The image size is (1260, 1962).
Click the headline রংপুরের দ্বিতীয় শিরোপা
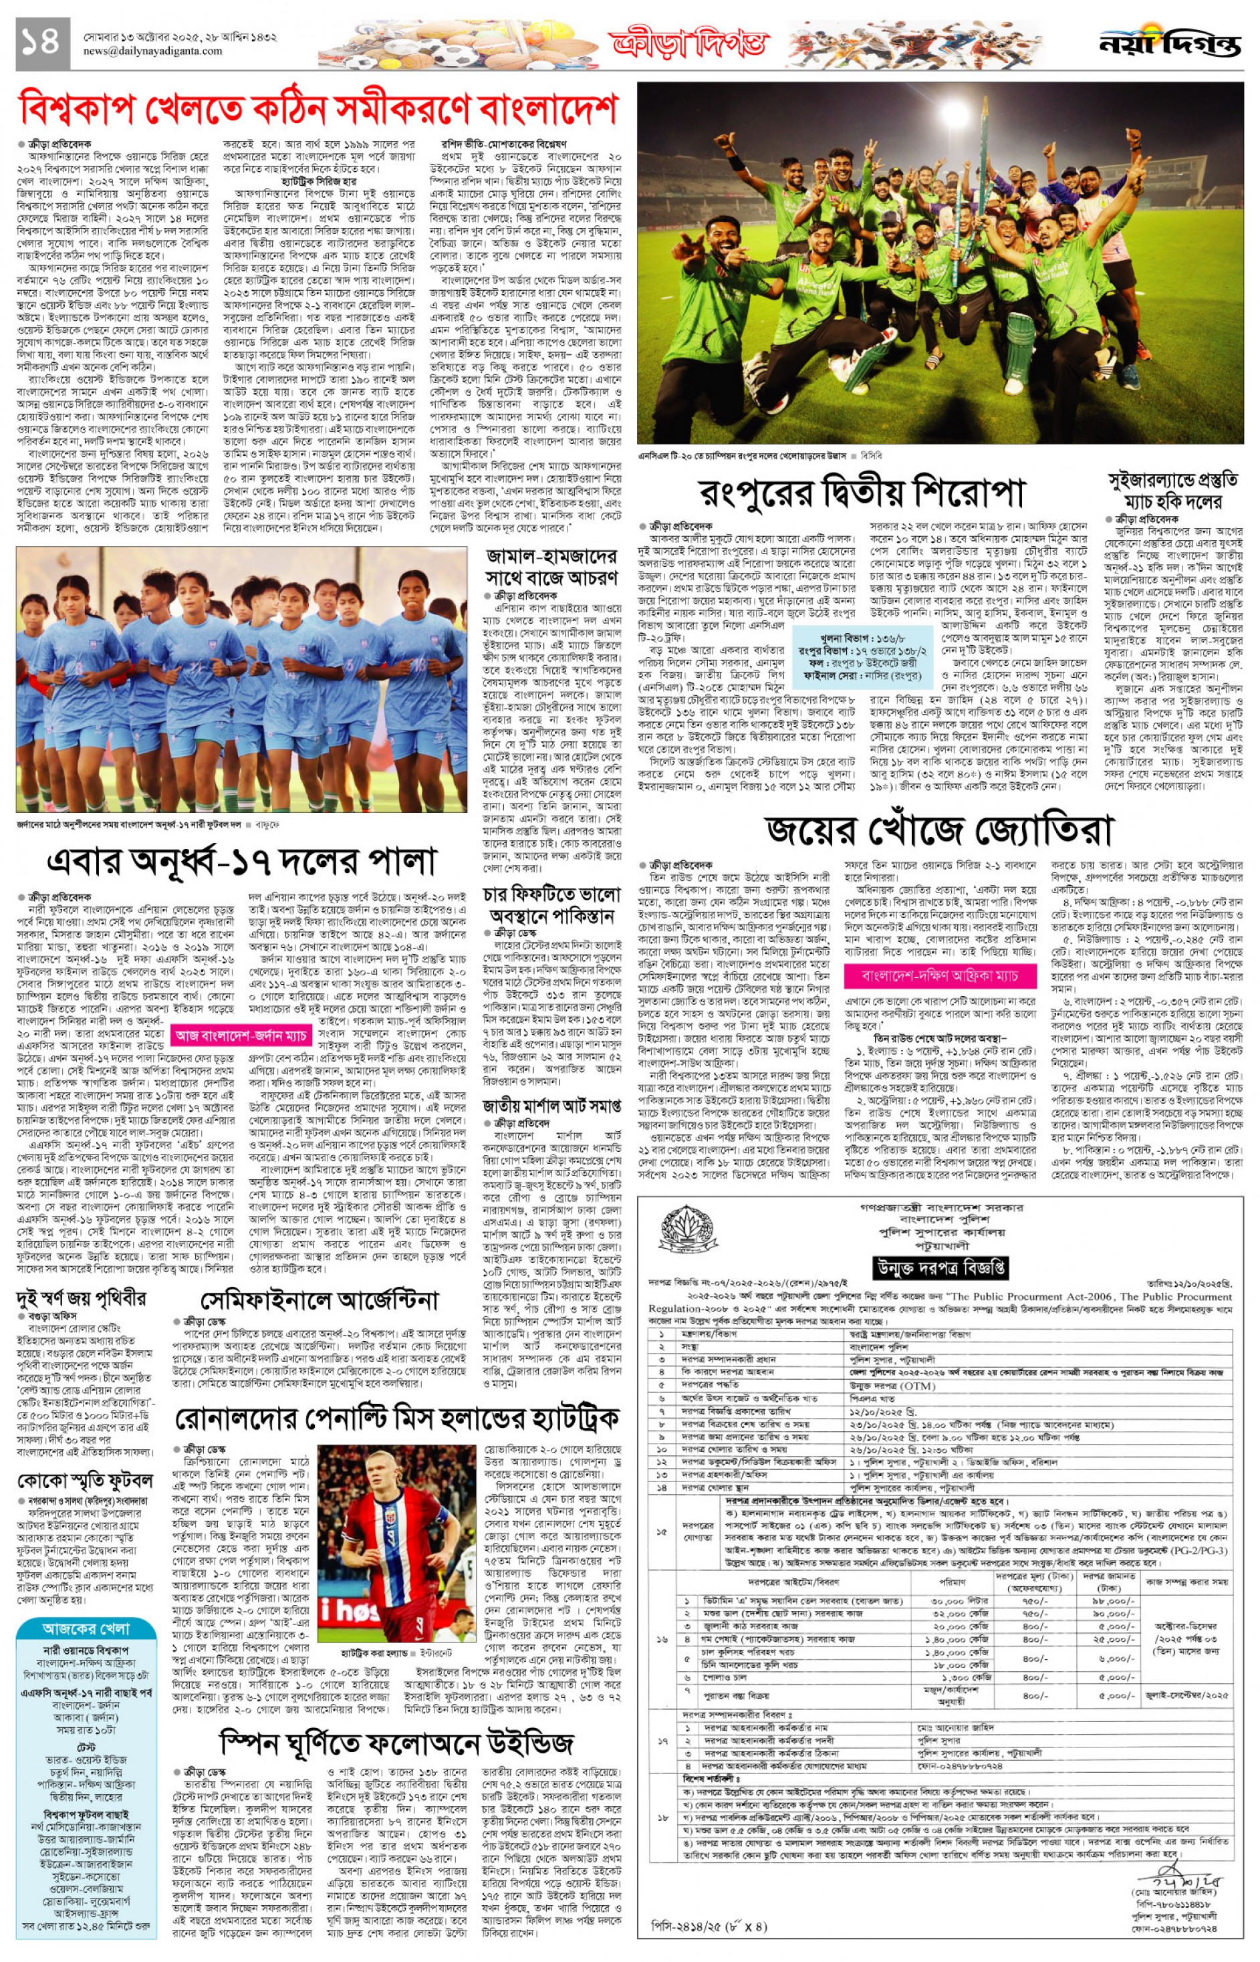point(862,493)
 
